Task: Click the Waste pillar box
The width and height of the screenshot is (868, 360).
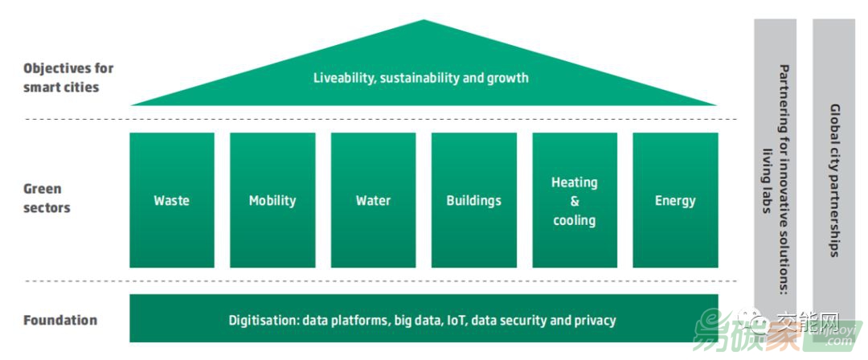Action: click(171, 200)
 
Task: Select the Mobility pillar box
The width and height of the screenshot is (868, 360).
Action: click(272, 200)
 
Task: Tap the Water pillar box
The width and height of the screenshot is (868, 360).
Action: click(373, 200)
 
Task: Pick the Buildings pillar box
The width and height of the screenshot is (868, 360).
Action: click(473, 200)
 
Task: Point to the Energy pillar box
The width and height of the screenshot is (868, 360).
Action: click(675, 200)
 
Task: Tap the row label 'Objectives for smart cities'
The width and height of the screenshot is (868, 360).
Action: click(68, 77)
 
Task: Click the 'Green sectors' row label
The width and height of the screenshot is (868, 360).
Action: click(47, 198)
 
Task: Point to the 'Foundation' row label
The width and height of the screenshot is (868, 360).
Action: click(60, 320)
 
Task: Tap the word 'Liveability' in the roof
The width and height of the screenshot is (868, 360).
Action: click(343, 78)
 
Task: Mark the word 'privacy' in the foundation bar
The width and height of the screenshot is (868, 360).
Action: click(596, 320)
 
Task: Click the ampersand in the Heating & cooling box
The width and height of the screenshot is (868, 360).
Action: click(574, 201)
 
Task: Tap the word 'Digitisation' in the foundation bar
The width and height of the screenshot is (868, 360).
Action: click(264, 320)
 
